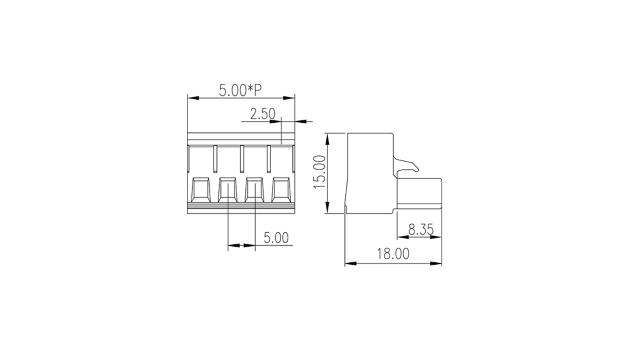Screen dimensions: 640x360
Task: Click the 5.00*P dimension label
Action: pyautogui.click(x=240, y=90)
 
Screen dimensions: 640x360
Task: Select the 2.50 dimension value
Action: pyautogui.click(x=262, y=114)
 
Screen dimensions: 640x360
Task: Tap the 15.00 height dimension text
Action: pyautogui.click(x=320, y=172)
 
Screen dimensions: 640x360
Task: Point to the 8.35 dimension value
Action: pyautogui.click(x=420, y=229)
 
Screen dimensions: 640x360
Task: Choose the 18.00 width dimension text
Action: pyautogui.click(x=393, y=254)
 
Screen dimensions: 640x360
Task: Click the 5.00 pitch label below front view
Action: pyautogui.click(x=276, y=238)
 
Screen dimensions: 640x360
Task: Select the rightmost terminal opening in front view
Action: pyautogui.click(x=282, y=190)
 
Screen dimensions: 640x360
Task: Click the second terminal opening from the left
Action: pyautogui.click(x=228, y=190)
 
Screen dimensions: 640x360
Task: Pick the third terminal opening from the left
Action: pyautogui.click(x=254, y=190)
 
